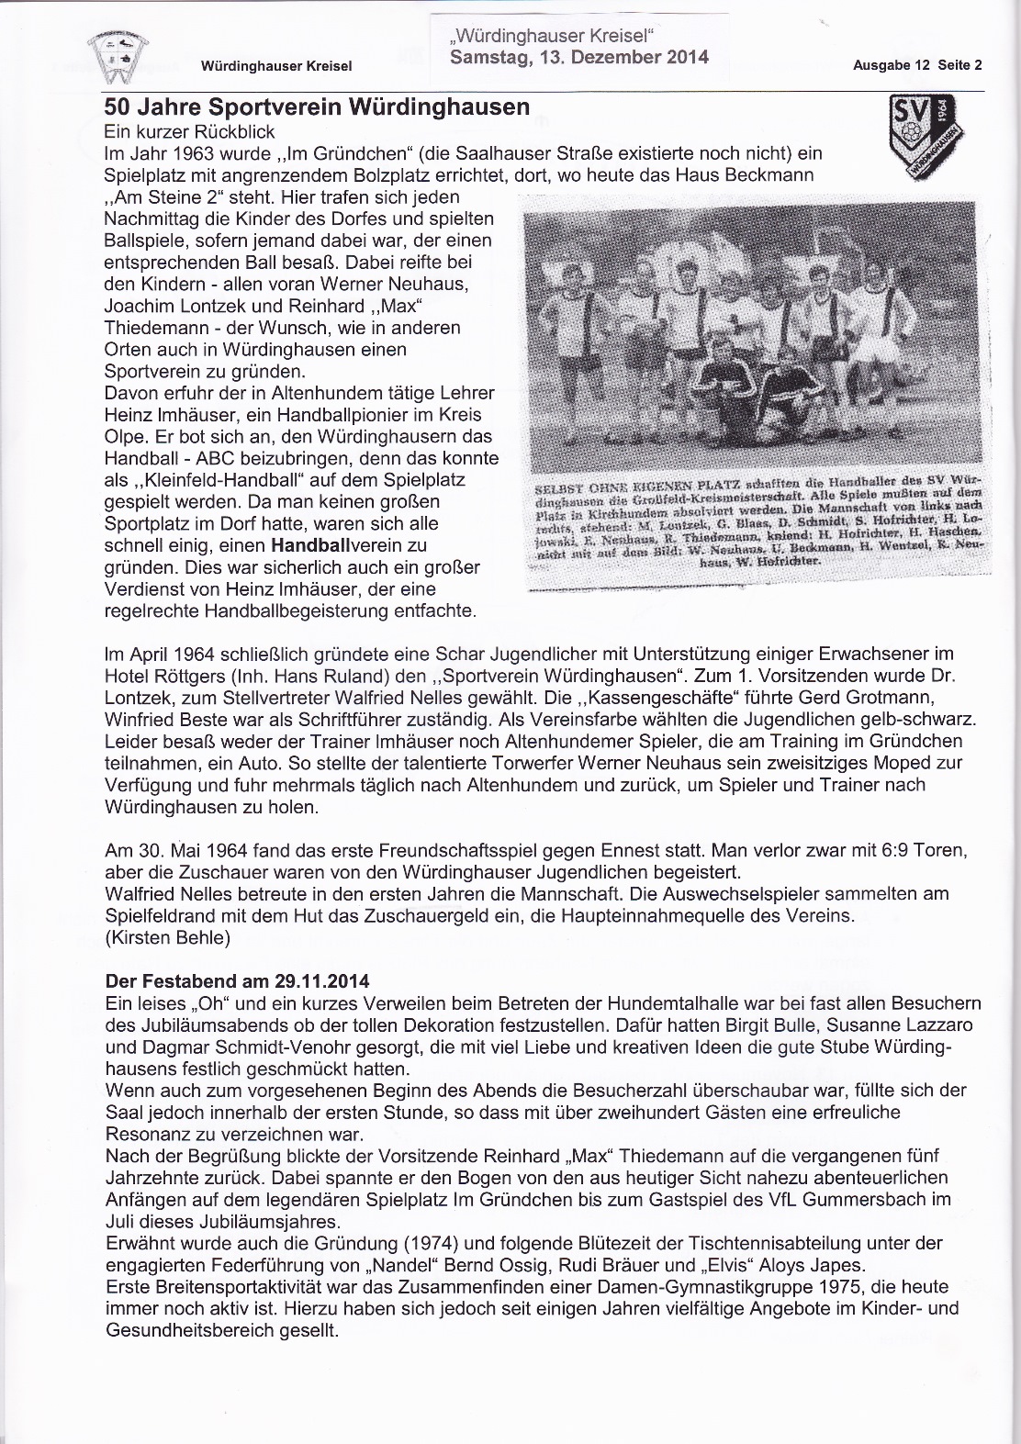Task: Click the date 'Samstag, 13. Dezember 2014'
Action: [579, 57]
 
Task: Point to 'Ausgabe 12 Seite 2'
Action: [917, 65]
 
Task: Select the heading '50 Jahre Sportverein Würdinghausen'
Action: [318, 106]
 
